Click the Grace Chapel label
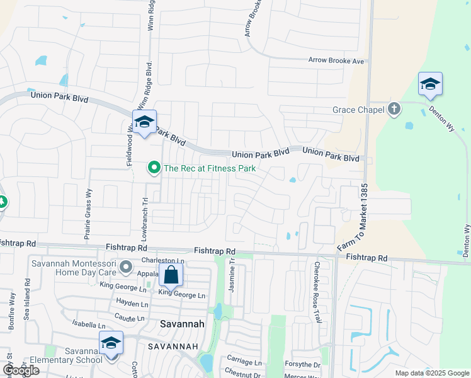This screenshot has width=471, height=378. [358, 110]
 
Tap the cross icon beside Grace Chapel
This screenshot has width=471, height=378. [394, 109]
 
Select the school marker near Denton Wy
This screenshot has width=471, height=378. [430, 84]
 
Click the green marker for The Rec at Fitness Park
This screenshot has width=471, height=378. [153, 168]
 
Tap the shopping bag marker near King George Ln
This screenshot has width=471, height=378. [171, 276]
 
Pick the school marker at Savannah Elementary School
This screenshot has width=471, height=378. [111, 344]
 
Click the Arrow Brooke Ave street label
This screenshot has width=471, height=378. [336, 61]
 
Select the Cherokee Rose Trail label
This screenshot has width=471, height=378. [318, 292]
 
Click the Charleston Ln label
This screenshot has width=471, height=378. [162, 260]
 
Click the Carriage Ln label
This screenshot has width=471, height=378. [244, 362]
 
